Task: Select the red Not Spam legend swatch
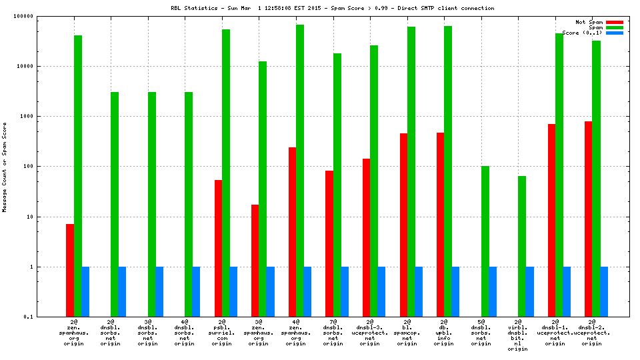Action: click(x=614, y=22)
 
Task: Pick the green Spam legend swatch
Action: click(x=614, y=27)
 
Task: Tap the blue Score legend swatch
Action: click(x=614, y=33)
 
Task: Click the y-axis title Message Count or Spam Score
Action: click(x=5, y=167)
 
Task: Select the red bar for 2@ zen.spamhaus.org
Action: click(x=70, y=270)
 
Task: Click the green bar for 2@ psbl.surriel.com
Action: click(x=226, y=173)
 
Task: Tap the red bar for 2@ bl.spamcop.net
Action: click(x=403, y=225)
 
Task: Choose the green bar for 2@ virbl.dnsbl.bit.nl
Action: click(x=522, y=247)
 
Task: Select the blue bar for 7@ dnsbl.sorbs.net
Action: click(x=345, y=291)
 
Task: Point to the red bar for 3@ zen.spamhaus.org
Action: click(x=255, y=261)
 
